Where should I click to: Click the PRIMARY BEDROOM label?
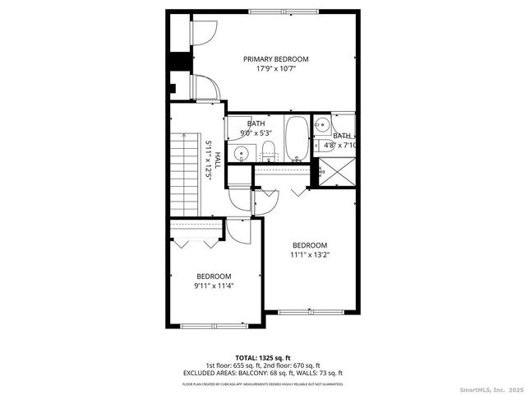coord(275,59)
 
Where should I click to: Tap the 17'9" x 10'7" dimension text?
coord(275,69)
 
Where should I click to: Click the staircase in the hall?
coord(186,174)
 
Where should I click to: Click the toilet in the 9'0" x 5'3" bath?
coord(268,150)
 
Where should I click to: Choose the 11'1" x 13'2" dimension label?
coord(310,255)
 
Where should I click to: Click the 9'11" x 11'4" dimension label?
coord(213,286)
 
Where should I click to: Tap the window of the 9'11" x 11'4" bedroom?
coord(213,327)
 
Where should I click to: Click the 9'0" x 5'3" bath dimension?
coord(256,132)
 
